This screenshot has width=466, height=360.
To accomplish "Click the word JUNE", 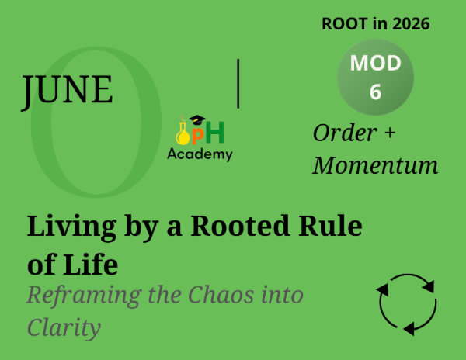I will click(67, 90).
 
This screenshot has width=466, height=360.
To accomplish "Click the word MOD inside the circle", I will click(375, 64).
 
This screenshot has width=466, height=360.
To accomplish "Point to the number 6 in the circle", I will click(375, 92).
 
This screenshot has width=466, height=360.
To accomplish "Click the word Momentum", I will click(375, 165).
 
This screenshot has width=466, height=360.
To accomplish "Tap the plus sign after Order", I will click(389, 134).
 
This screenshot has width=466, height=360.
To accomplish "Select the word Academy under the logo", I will click(200, 154).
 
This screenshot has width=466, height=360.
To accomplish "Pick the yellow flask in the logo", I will click(183, 133).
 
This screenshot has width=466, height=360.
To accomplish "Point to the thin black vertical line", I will click(238, 82).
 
